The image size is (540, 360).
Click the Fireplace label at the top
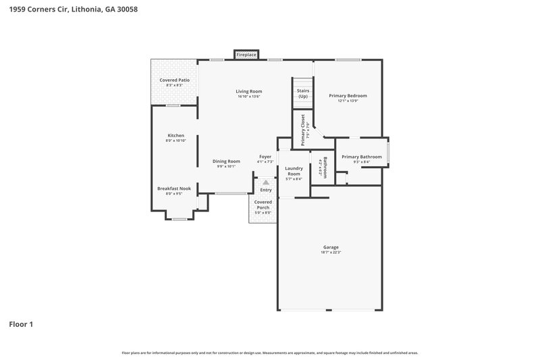coord(246,54)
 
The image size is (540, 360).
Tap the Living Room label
coord(248,91)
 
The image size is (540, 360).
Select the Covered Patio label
coord(174,80)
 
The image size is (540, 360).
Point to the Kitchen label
coord(175,135)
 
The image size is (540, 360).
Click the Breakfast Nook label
coord(174,188)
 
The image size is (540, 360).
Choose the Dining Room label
coord(226,161)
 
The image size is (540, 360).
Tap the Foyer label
coord(265,157)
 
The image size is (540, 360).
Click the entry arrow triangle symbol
coord(266,182)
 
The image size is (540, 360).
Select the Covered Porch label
coord(263,205)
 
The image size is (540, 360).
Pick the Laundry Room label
coord(293,171)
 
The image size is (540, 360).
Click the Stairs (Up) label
coord(303,93)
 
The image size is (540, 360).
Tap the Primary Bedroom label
coord(347,95)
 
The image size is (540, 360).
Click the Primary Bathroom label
coord(361,157)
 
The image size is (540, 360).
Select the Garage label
coord(330,247)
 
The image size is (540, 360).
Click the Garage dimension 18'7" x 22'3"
coord(330,253)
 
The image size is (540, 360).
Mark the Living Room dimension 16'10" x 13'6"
coord(248,97)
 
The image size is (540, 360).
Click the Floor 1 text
coord(21,324)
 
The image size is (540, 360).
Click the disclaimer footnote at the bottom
coord(269,353)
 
